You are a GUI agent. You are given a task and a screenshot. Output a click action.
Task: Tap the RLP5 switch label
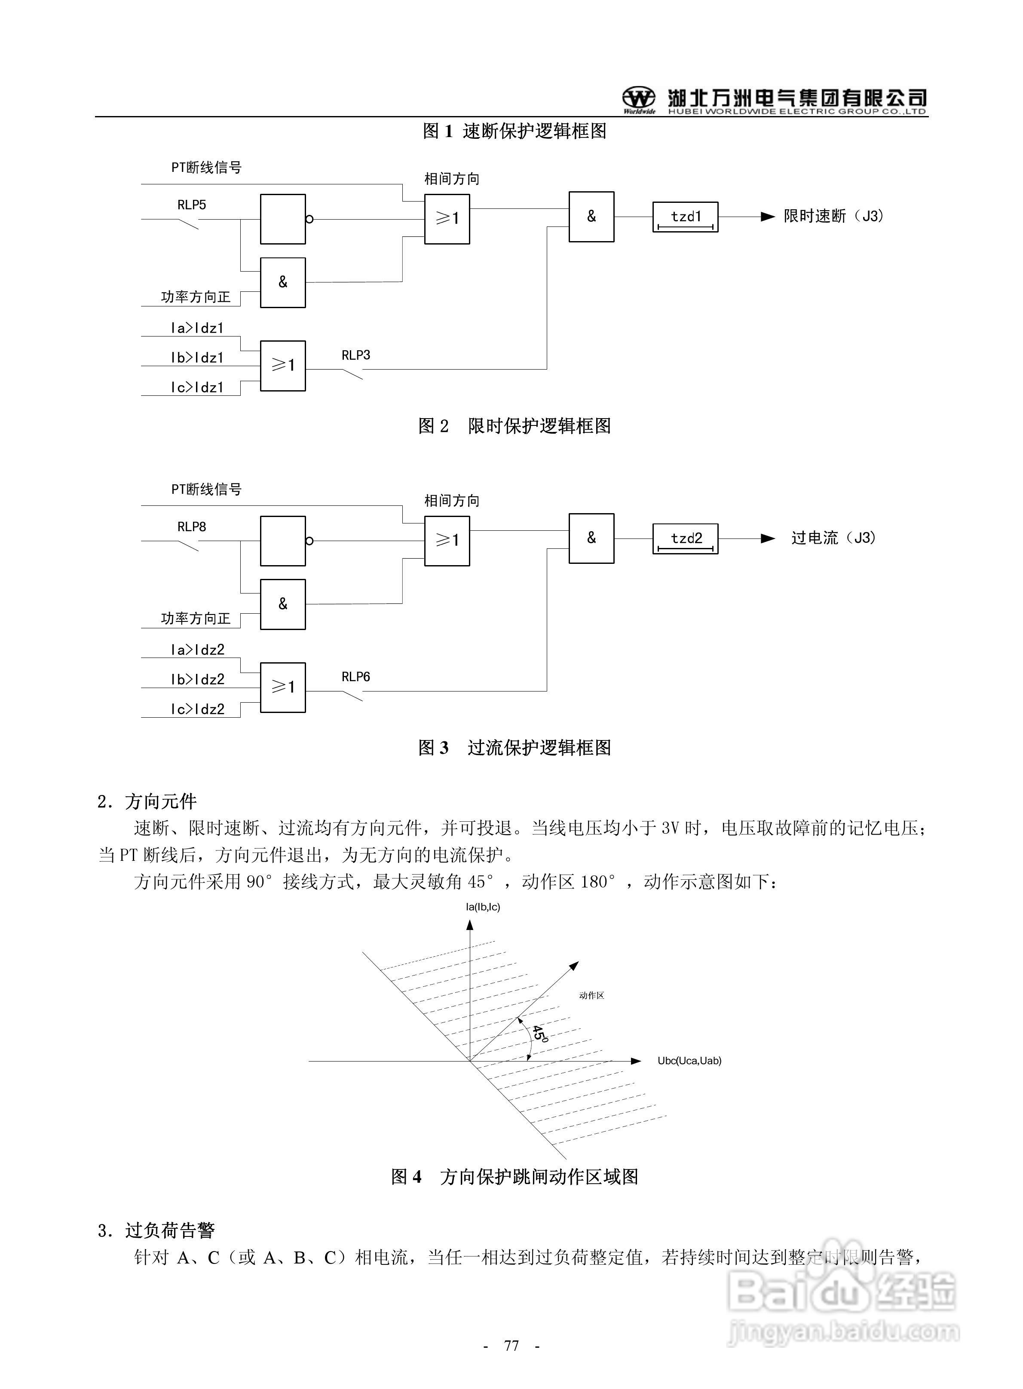[x=191, y=205]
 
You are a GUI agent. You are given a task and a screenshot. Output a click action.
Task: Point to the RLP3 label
[x=355, y=355]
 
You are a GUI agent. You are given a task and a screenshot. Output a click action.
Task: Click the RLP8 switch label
[x=191, y=527]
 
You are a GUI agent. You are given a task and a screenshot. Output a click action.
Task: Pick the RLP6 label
[x=355, y=677]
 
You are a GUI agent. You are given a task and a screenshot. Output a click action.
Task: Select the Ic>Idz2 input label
[x=197, y=710]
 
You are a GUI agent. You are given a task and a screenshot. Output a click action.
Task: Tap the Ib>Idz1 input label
[x=197, y=358]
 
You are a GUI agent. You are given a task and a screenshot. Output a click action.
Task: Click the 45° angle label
[x=540, y=1034]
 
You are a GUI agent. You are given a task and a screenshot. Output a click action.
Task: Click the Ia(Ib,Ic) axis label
[x=483, y=907]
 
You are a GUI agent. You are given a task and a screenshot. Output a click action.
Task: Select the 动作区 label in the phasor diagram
[x=591, y=995]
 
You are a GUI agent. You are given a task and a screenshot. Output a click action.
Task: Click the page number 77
[x=512, y=1346]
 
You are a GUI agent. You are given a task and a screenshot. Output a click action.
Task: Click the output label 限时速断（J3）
[x=833, y=217]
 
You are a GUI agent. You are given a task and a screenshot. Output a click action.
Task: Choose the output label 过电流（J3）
[x=833, y=538]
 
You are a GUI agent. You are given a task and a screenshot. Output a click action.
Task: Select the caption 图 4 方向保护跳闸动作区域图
[x=514, y=1177]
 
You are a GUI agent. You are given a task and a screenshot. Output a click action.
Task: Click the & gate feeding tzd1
[x=591, y=217]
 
